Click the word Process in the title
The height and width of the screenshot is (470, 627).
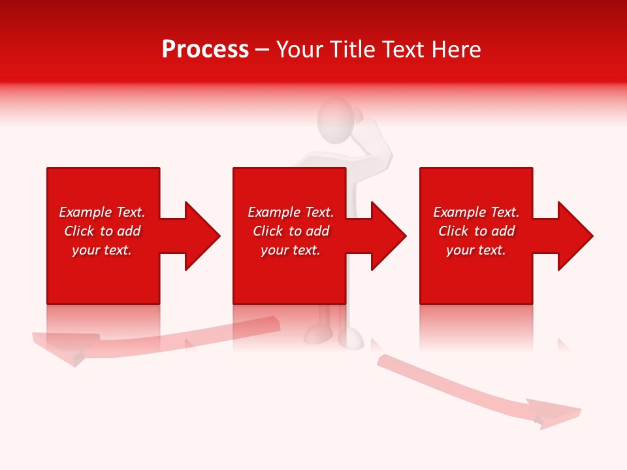coord(205,50)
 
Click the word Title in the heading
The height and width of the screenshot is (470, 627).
coord(353,50)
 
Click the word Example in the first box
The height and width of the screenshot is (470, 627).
coord(86,212)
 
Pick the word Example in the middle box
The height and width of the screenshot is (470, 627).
coord(274,212)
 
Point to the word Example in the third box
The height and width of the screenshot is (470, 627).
coord(460,212)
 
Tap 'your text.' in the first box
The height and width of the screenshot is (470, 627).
coord(102,250)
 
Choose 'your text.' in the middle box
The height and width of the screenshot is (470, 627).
coord(291,250)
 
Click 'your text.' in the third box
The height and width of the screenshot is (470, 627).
coord(476,250)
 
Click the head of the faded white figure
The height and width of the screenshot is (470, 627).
coord(335,118)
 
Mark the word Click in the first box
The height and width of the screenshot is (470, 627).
coord(79,231)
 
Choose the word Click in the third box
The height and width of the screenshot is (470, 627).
coord(453,231)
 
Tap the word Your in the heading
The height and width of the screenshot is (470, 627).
coord(300,50)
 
